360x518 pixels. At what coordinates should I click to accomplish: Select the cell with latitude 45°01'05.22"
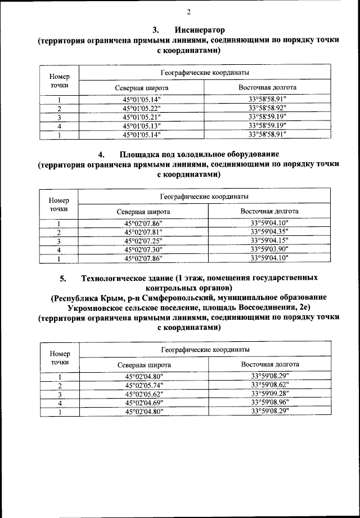[142, 108]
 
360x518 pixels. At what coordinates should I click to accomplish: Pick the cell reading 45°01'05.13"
[142, 126]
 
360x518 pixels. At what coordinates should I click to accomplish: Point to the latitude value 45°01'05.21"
[142, 117]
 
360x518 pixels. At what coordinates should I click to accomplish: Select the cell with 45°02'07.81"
[143, 232]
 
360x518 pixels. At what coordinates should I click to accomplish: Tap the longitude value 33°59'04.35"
[269, 232]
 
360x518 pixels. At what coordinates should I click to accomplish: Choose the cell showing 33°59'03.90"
[269, 249]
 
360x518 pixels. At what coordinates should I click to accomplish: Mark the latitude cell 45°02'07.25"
[143, 241]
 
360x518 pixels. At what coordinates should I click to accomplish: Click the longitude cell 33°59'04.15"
[269, 241]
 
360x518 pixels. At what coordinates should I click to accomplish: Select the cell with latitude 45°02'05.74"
[143, 386]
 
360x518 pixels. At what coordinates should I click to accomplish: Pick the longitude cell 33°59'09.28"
[270, 394]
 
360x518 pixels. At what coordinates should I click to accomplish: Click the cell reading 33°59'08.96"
[270, 403]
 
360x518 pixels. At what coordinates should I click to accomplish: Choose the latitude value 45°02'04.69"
[143, 403]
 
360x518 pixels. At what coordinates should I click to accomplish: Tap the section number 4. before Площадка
[102, 154]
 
